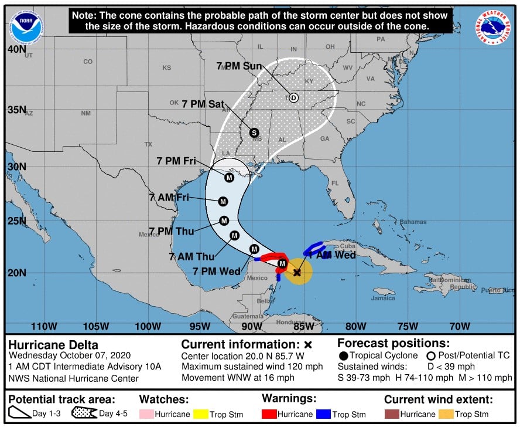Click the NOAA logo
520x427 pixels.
click(26, 26)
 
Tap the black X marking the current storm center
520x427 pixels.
click(297, 272)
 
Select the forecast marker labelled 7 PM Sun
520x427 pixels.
click(293, 98)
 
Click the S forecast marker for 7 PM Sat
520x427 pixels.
click(254, 133)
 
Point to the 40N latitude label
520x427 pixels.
click(16, 50)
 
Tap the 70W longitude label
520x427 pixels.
click(460, 326)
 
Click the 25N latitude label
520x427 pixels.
click(16, 221)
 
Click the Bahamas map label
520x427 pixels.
click(413, 222)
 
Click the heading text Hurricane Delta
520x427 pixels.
click(53, 345)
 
